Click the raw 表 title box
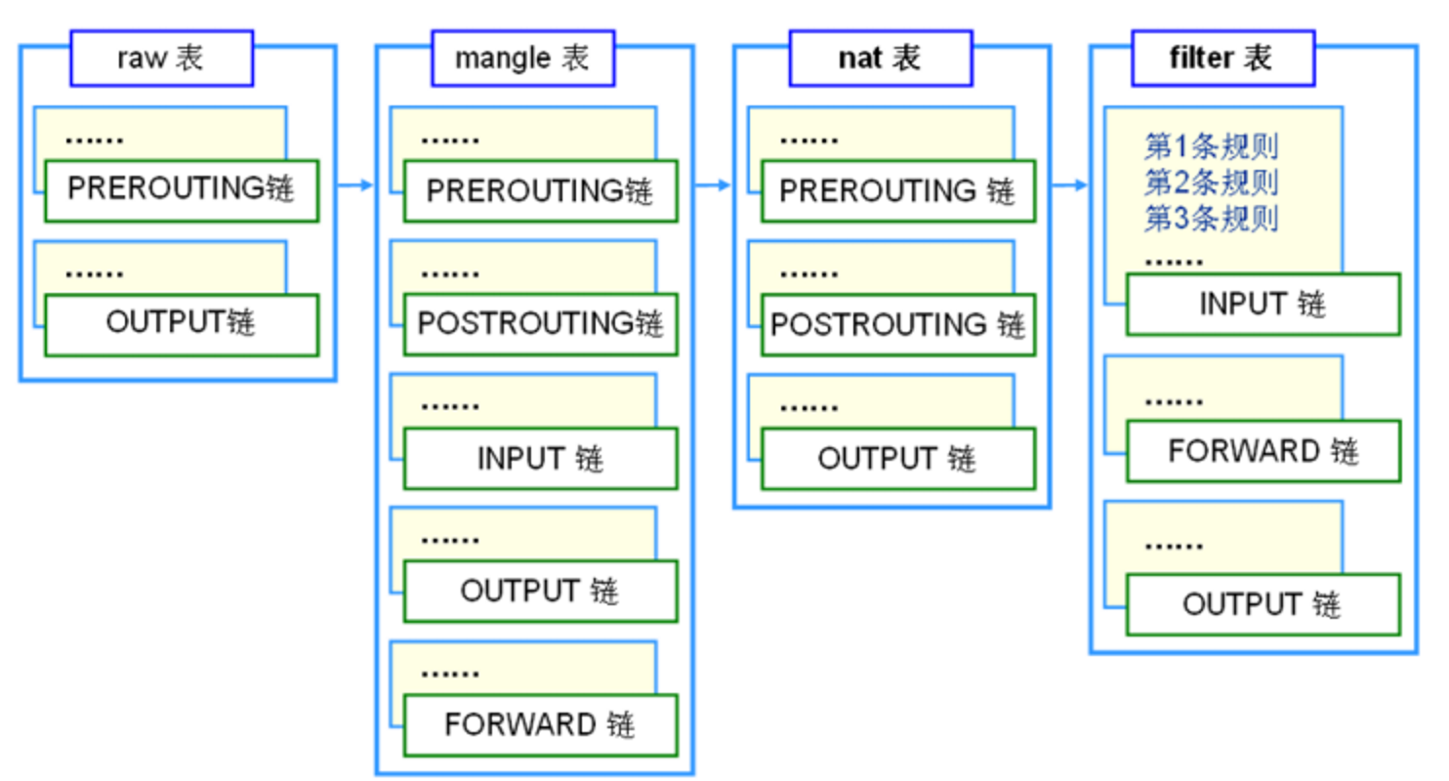pos(161,59)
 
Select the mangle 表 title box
pos(522,59)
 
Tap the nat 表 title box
pos(880,59)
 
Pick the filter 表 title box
pos(1221,59)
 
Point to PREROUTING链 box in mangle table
pos(540,190)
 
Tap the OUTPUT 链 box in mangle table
pos(540,592)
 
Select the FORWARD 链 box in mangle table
pos(540,725)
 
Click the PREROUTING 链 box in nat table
pos(897,190)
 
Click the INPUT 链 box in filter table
pos(1263,305)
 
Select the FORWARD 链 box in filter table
pos(1263,451)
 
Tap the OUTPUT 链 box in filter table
pos(1263,604)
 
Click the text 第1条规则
pos(1211,147)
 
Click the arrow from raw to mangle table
pos(355,185)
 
